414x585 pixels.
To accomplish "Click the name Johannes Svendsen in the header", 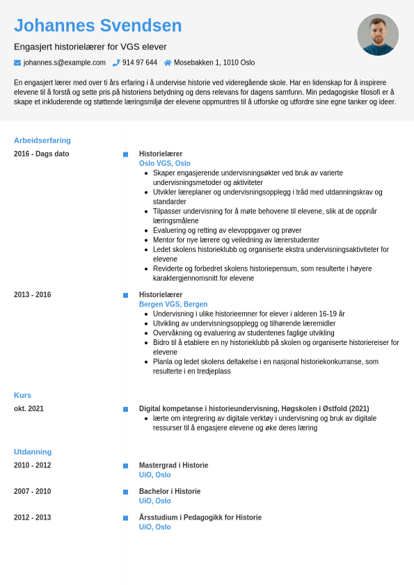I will click(x=97, y=26).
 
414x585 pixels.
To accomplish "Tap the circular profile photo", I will click(x=378, y=35).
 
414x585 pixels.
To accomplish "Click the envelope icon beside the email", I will click(x=17, y=63).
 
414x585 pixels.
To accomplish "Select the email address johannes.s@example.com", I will click(x=65, y=63).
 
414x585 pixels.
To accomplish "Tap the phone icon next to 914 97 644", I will click(x=116, y=63).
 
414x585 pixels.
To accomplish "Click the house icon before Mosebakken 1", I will click(x=168, y=63).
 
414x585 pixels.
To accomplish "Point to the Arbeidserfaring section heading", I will click(x=42, y=140).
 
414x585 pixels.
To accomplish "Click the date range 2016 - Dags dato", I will click(x=42, y=154).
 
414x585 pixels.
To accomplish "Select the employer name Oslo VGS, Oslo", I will click(x=165, y=163).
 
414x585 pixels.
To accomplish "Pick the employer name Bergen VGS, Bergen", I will click(x=173, y=304).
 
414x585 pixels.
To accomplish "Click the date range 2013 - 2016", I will click(x=33, y=295).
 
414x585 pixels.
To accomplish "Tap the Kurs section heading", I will click(x=22, y=395).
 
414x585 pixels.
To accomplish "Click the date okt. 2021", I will click(x=29, y=409).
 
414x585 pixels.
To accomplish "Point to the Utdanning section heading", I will click(x=33, y=451).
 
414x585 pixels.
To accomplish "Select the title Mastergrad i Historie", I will click(x=173, y=465).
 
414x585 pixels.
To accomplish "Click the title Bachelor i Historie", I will click(x=170, y=491).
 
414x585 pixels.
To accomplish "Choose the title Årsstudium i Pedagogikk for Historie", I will click(x=200, y=518).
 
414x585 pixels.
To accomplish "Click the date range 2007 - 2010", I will click(x=33, y=491).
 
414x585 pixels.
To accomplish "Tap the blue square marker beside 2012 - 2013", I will click(x=125, y=518).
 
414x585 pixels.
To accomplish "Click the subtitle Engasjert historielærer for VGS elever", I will click(x=90, y=47).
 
